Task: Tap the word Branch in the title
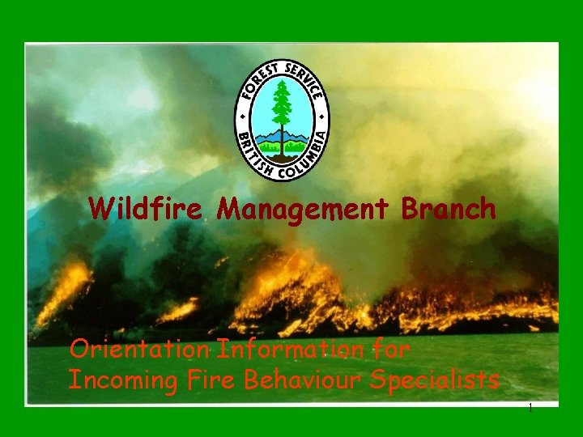[x=448, y=210]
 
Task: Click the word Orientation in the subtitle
[x=138, y=350]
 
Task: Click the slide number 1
[x=530, y=409]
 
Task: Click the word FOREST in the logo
[x=257, y=81]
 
